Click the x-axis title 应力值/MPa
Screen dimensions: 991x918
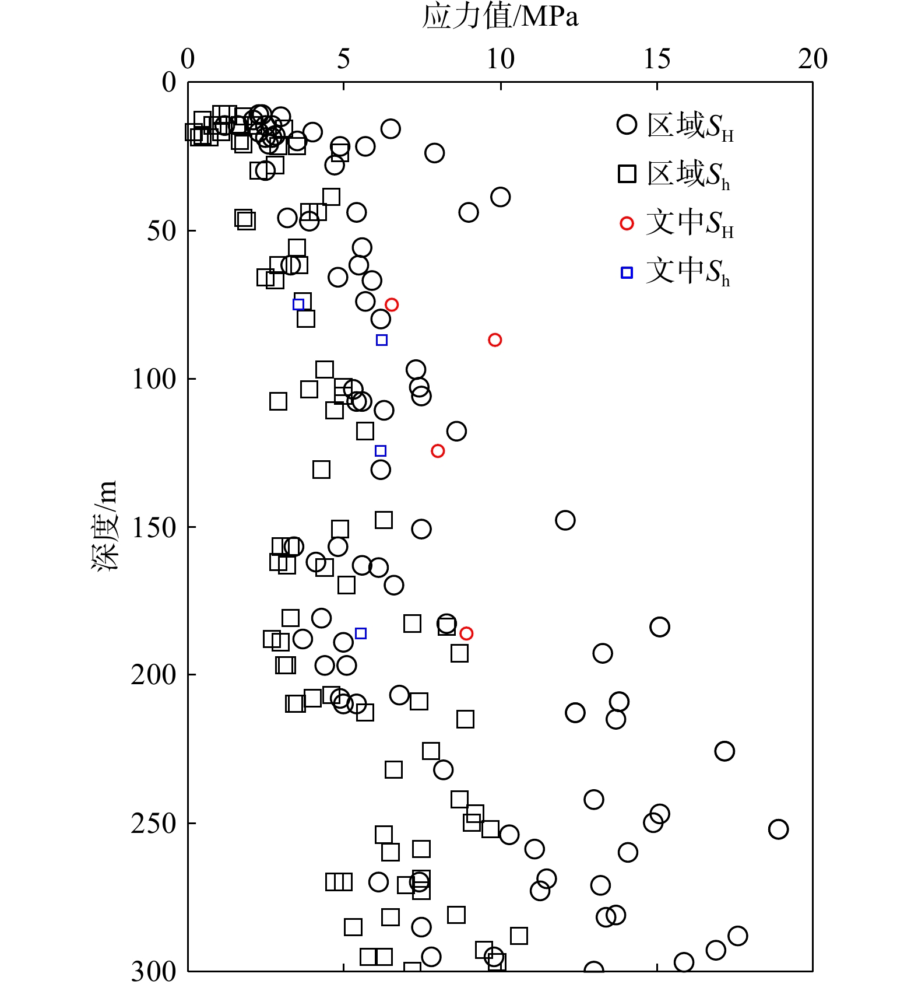[x=500, y=16]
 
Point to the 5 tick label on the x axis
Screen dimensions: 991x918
[x=343, y=59]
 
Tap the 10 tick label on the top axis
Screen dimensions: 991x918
[x=500, y=59]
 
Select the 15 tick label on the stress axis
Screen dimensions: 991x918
[x=657, y=59]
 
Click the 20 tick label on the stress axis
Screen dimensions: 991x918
[x=813, y=59]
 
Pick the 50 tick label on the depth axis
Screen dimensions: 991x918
[x=161, y=231]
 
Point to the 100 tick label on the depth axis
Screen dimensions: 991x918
[x=154, y=379]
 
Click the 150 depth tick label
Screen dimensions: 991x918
[x=154, y=527]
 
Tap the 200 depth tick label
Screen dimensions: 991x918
[x=154, y=675]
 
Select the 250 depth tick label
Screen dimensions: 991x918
[x=154, y=824]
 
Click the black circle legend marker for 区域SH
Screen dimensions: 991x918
[x=627, y=125]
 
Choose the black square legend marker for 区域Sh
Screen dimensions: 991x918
[x=627, y=174]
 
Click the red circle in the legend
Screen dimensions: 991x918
[x=627, y=223]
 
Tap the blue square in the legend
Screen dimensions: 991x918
[x=627, y=272]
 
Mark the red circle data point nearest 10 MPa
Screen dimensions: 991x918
[x=495, y=340]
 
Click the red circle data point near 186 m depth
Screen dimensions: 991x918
[x=466, y=633]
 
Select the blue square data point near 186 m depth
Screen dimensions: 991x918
[x=361, y=633]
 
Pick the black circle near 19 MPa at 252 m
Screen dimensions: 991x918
[x=778, y=829]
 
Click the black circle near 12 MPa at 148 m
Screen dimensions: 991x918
[x=565, y=520]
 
